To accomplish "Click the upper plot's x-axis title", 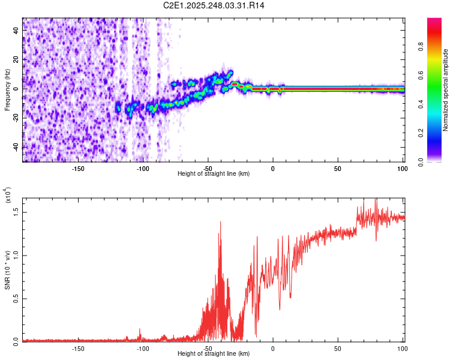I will [x=214, y=173].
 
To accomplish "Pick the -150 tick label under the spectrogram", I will [x=78, y=168].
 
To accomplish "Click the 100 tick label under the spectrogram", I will [x=402, y=168].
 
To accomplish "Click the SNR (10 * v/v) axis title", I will [x=8, y=270].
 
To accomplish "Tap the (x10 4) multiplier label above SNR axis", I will [x=8, y=195].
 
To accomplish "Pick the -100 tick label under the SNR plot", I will [x=143, y=348].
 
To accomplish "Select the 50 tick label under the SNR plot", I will [x=338, y=348].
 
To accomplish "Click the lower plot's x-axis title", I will [x=214, y=354].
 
